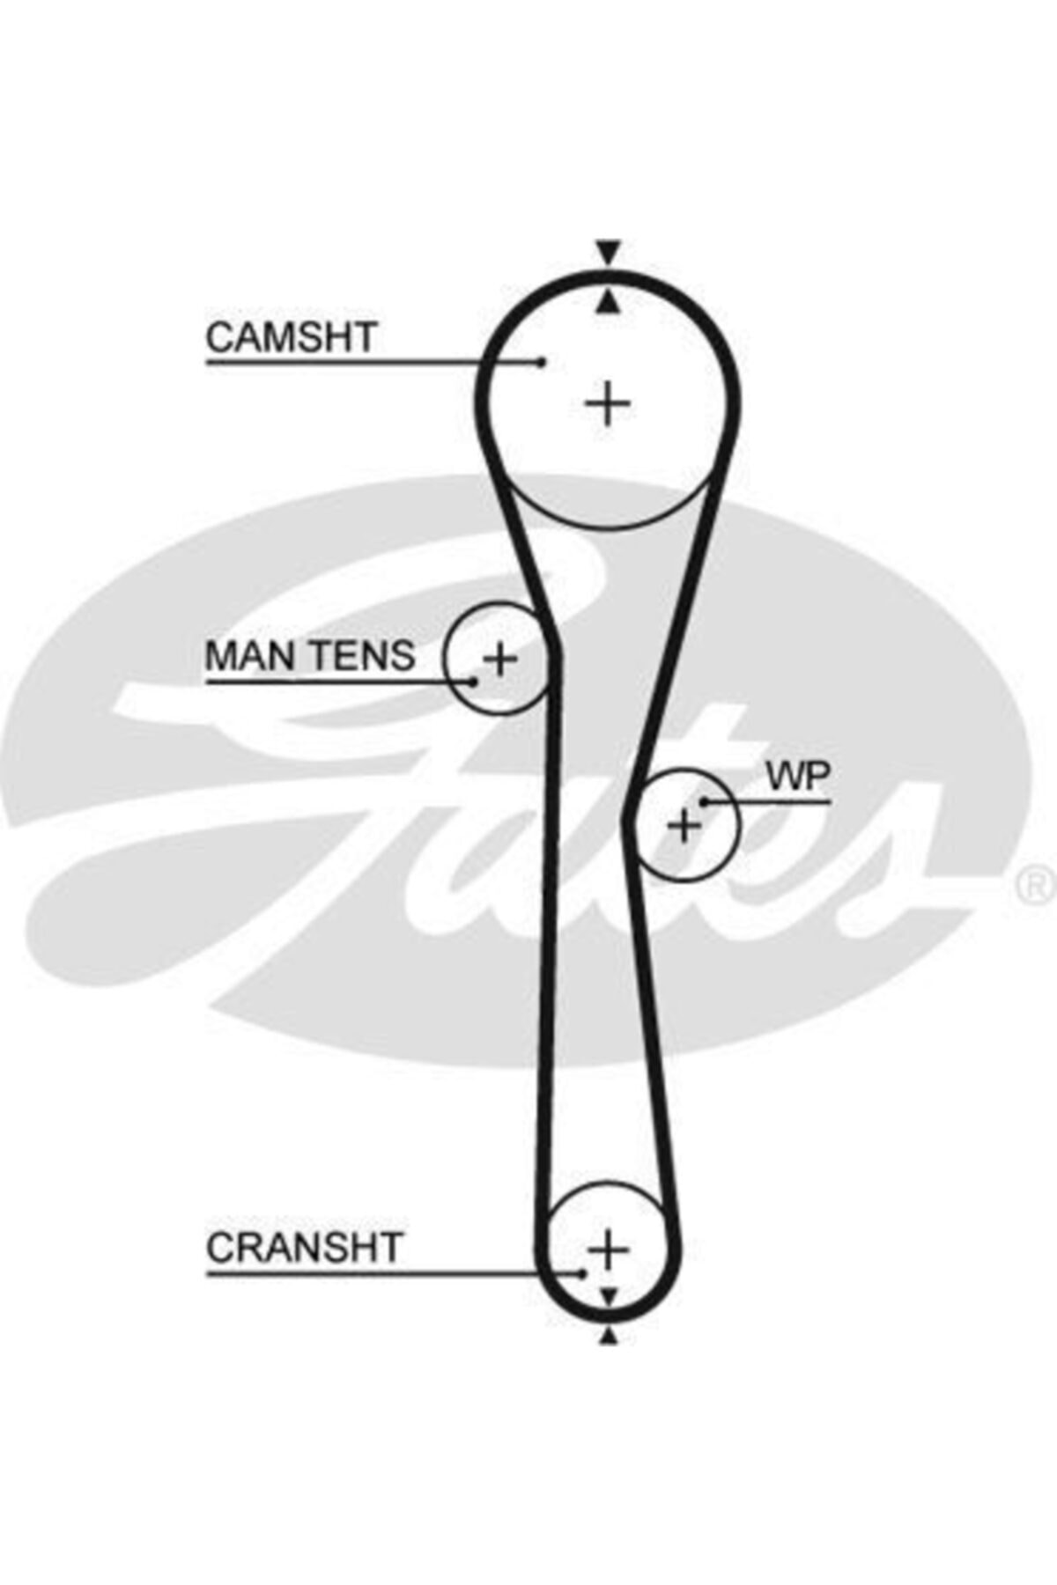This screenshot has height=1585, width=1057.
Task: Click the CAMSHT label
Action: [x=291, y=337]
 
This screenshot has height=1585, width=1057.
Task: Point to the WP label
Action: [x=798, y=777]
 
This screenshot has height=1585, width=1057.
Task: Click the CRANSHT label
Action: [x=304, y=1248]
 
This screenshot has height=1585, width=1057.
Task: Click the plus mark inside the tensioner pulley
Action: [x=500, y=659]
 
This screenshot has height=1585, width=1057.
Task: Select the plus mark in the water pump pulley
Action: [x=684, y=826]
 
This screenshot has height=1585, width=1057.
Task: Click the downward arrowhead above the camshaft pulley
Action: [x=608, y=250]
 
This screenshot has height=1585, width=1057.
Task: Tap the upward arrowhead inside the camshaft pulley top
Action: [x=608, y=303]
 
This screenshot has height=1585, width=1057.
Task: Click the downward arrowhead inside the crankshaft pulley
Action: [x=608, y=1295]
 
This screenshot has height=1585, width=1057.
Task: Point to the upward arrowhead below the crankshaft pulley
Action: [x=608, y=1338]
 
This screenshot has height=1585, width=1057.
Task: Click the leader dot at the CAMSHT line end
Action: [x=543, y=361]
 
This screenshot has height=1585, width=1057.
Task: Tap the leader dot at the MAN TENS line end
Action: [x=474, y=681]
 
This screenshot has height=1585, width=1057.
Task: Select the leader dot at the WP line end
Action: [x=704, y=801]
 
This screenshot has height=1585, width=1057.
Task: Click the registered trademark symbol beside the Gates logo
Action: [x=1036, y=885]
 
